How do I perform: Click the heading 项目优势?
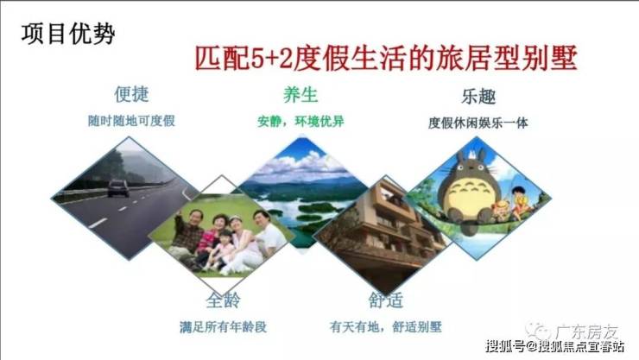click(68, 34)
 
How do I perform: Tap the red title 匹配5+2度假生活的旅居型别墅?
click(386, 58)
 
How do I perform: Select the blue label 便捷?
click(131, 94)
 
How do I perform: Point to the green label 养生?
click(301, 94)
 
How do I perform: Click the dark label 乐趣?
click(478, 97)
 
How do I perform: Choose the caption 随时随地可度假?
click(131, 121)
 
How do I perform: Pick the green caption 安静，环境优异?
click(301, 121)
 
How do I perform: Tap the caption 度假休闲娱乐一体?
click(478, 123)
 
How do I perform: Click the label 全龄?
click(223, 300)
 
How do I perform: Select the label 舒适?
click(385, 300)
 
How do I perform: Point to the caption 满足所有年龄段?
click(223, 326)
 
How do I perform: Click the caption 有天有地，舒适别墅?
click(385, 326)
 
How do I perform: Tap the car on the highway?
click(118, 188)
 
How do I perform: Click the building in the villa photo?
click(385, 232)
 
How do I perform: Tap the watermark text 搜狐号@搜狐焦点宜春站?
click(555, 346)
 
